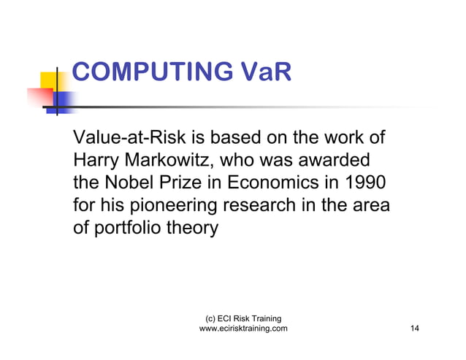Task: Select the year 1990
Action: pos(364,183)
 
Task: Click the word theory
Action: pos(194,229)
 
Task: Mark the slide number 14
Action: pos(415,329)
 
